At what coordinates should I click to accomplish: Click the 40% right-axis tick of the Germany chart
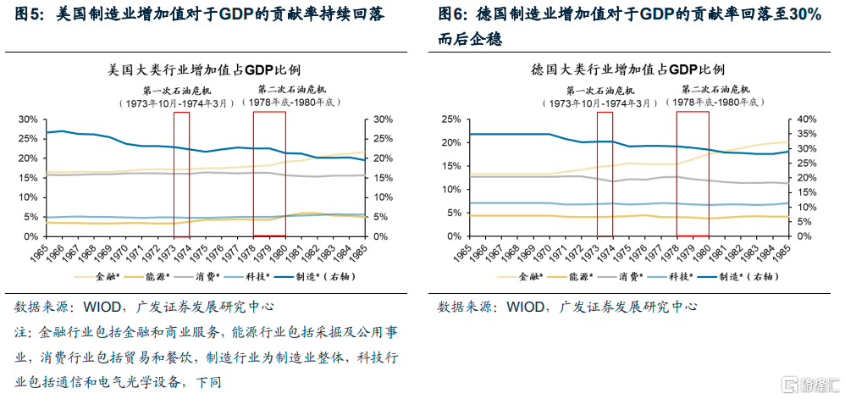pyautogui.click(x=803, y=119)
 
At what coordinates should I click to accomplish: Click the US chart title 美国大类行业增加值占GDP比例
pyautogui.click(x=204, y=69)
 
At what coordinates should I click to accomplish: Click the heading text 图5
pyautogui.click(x=31, y=15)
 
